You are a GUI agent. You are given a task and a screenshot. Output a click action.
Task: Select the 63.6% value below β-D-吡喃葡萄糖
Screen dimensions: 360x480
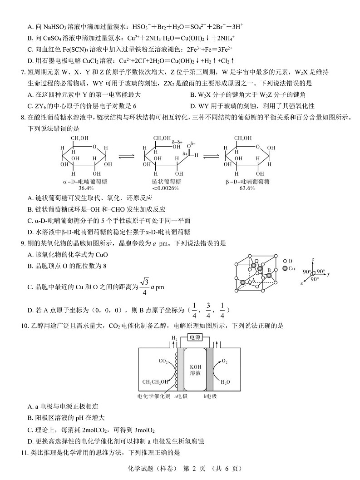click(x=247, y=188)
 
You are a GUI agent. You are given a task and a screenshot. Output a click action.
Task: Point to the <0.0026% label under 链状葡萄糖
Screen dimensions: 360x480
click(x=165, y=188)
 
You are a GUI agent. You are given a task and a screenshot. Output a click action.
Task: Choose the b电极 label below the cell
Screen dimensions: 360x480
click(x=210, y=396)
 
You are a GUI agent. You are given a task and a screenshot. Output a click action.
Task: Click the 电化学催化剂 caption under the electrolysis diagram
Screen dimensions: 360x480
click(x=153, y=396)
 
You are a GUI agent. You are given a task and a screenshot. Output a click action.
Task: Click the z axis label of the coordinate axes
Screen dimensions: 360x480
click(x=313, y=257)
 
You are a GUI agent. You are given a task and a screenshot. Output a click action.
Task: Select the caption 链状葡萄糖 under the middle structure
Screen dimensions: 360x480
click(x=165, y=181)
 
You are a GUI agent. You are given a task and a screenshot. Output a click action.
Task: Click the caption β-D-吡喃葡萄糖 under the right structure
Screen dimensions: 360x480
click(x=247, y=181)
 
